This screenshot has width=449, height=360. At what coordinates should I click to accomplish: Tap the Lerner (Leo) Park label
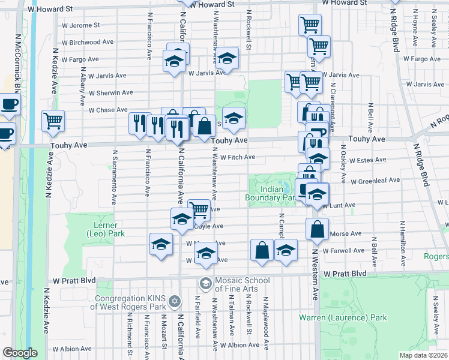pyautogui.click(x=106, y=229)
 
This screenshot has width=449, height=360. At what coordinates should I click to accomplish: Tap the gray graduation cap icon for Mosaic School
pyautogui.click(x=205, y=283)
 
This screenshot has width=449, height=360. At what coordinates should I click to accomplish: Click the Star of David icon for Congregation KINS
pyautogui.click(x=175, y=300)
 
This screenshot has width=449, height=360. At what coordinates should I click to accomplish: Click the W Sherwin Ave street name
pyautogui.click(x=110, y=93)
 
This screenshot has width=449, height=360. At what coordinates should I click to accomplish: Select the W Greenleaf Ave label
pyautogui.click(x=375, y=180)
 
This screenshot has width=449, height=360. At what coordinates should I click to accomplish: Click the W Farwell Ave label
pyautogui.click(x=343, y=250)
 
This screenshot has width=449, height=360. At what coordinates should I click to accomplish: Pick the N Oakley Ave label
pyautogui.click(x=343, y=168)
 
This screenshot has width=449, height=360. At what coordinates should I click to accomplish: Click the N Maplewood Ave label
pyautogui.click(x=266, y=324)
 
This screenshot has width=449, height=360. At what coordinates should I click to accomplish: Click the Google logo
pyautogui.click(x=20, y=353)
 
